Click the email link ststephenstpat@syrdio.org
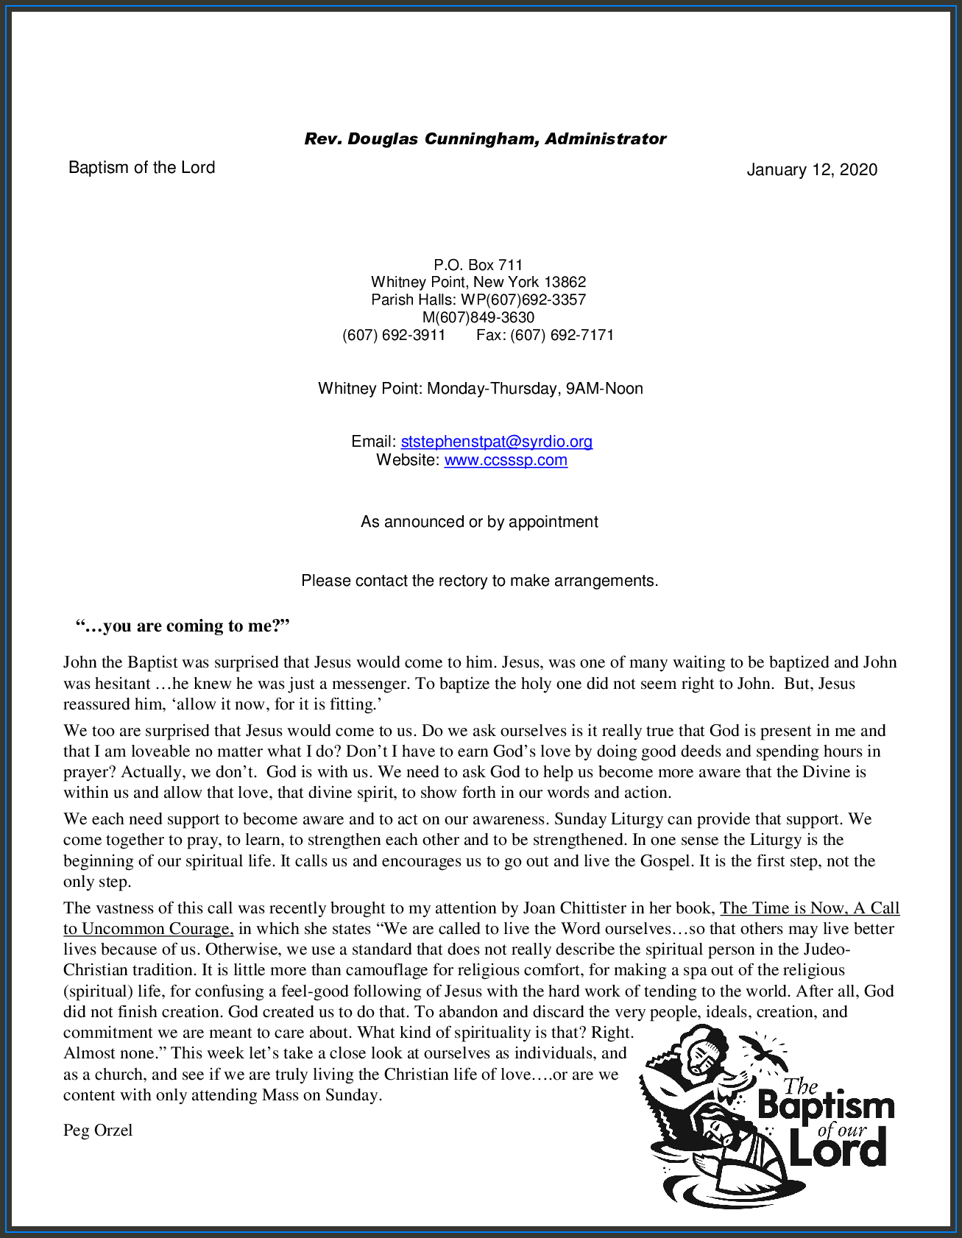coord(496,442)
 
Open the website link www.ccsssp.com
coord(506,460)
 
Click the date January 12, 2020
coord(812,170)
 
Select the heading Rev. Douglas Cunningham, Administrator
coord(485,139)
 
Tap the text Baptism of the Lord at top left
coord(141,168)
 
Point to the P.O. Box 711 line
coord(478,265)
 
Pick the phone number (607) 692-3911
coord(394,335)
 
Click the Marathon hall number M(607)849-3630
coord(478,317)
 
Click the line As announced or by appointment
coord(479,522)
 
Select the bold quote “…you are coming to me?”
coord(183,626)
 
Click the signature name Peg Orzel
coord(98,1130)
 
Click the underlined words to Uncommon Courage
coord(148,929)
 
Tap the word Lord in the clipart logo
coord(838,1150)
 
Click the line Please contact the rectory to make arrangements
coord(479,581)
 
